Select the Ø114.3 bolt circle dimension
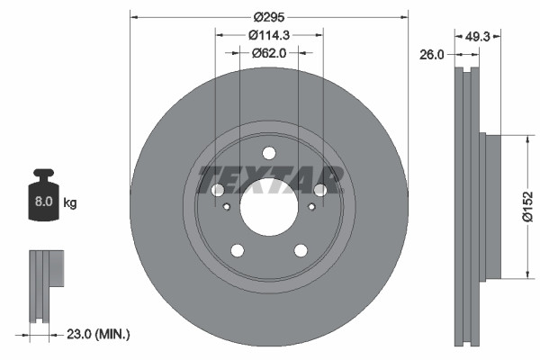point(268,35)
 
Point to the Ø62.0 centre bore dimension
point(268,53)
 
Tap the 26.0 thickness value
point(433,54)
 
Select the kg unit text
point(70,203)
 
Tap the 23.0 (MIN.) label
point(99,334)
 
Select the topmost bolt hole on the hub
point(268,152)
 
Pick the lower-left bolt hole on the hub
point(237,250)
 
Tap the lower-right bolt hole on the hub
point(300,250)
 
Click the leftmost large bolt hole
point(217,190)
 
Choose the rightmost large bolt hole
point(319,190)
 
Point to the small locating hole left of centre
point(226,206)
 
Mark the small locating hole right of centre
point(311,206)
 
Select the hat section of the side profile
point(491,207)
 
